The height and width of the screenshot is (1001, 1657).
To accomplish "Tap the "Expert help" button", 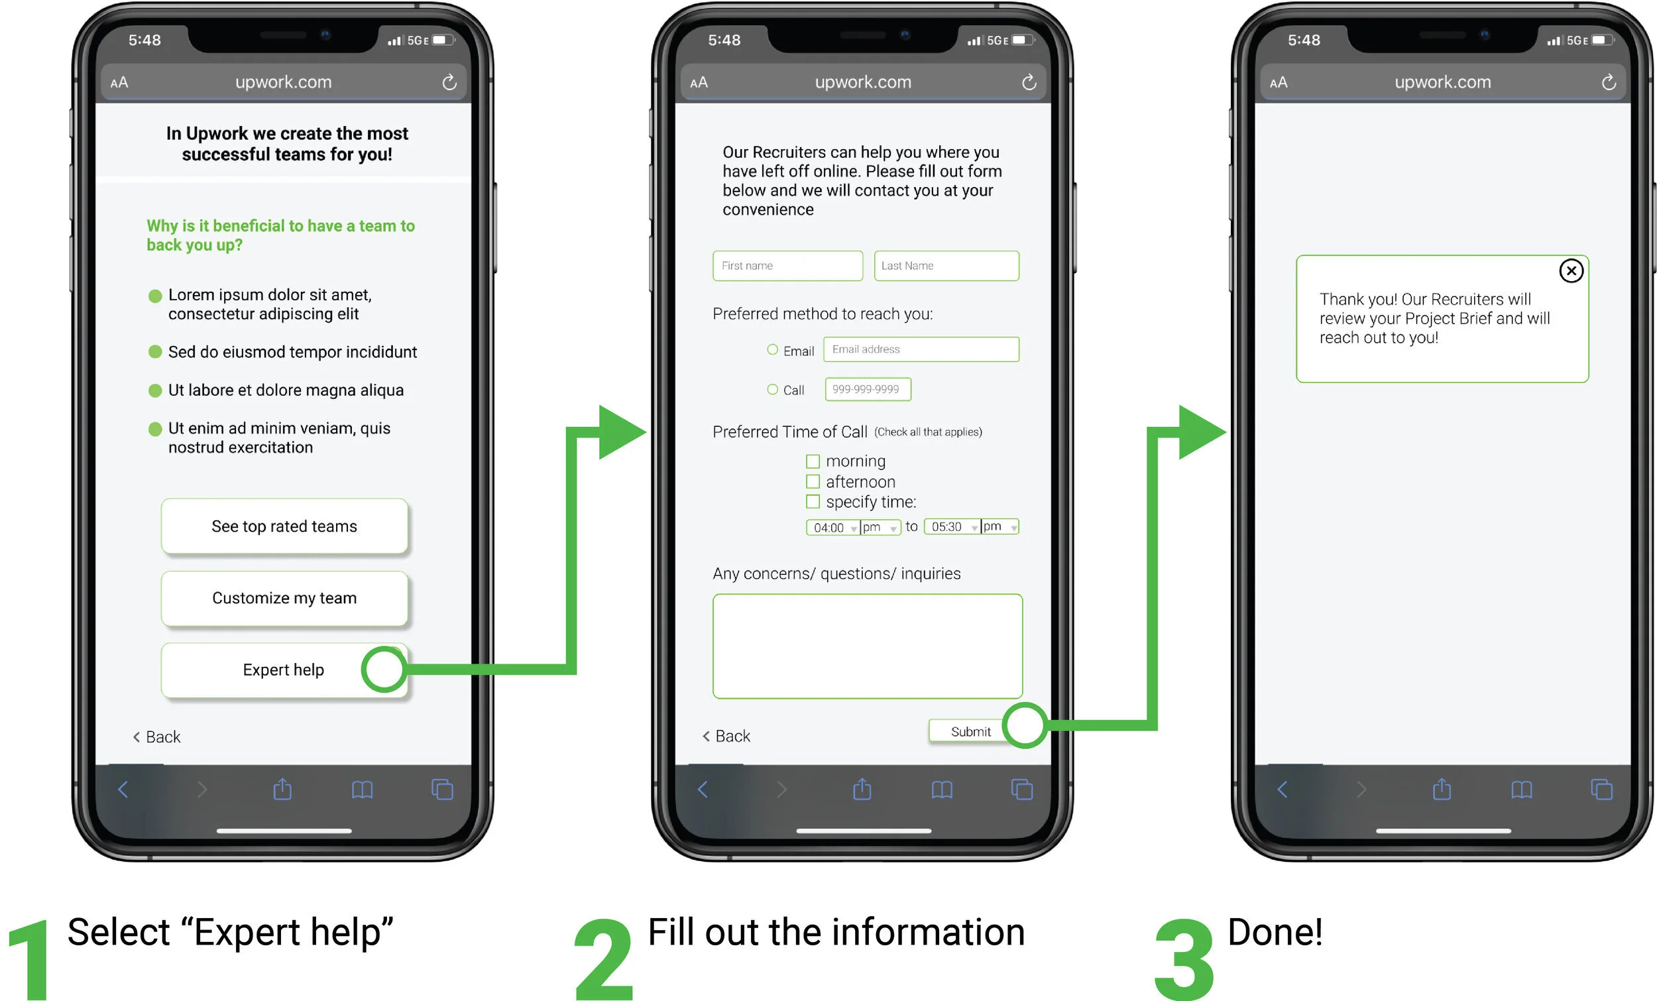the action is pos(283,670).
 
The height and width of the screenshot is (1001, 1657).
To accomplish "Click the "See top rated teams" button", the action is pos(284,526).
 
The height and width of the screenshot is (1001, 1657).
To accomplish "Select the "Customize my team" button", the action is pos(284,598).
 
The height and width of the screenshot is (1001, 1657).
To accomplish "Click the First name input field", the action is pos(787,266).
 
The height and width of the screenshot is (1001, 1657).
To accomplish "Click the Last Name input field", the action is pos(946,266).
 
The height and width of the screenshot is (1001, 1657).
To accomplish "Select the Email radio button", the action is pos(772,350).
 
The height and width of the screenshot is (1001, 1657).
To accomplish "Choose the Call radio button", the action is pos(772,390).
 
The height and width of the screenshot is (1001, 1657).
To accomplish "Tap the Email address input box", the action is pos(921,349).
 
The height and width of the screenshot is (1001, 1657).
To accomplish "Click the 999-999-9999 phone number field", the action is pos(868,390).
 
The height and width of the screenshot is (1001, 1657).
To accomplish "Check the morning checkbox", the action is pos(813,461).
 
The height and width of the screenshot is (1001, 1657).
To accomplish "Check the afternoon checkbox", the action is pos(813,482).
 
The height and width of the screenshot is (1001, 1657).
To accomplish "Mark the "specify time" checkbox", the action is pos(813,502).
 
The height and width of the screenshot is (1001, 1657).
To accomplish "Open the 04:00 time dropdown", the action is pos(833,528).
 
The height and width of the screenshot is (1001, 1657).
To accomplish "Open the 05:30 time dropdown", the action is pos(952,527).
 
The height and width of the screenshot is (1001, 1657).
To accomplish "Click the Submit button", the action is pos(970,732).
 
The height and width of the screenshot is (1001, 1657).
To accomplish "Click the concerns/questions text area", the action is pos(867,646).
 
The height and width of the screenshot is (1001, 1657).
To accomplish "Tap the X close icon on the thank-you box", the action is pos(1571,271).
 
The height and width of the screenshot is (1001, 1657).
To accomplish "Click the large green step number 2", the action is pos(603,959).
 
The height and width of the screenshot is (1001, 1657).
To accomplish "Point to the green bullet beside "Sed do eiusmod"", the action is pos(154,352).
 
